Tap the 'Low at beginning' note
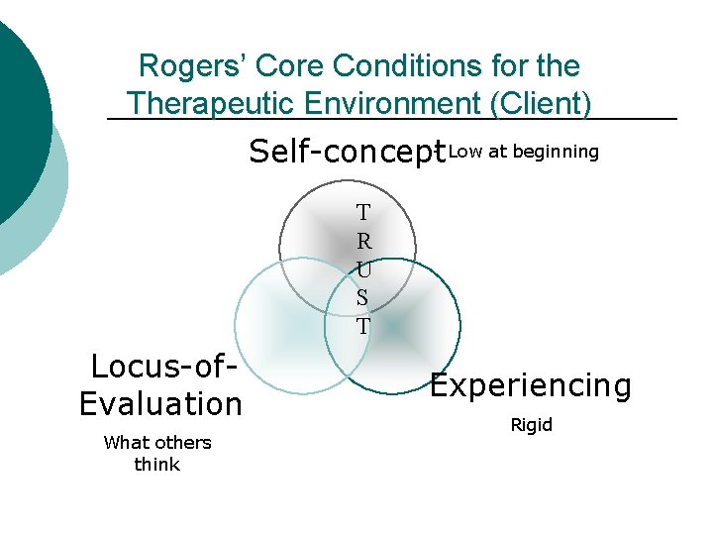point(524,152)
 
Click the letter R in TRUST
point(363,240)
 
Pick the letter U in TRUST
point(363,268)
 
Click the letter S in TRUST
point(363,297)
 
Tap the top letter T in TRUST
point(363,212)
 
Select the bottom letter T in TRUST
point(363,326)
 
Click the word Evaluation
point(160,404)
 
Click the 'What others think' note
point(157,453)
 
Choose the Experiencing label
point(531,385)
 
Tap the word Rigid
point(532,425)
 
